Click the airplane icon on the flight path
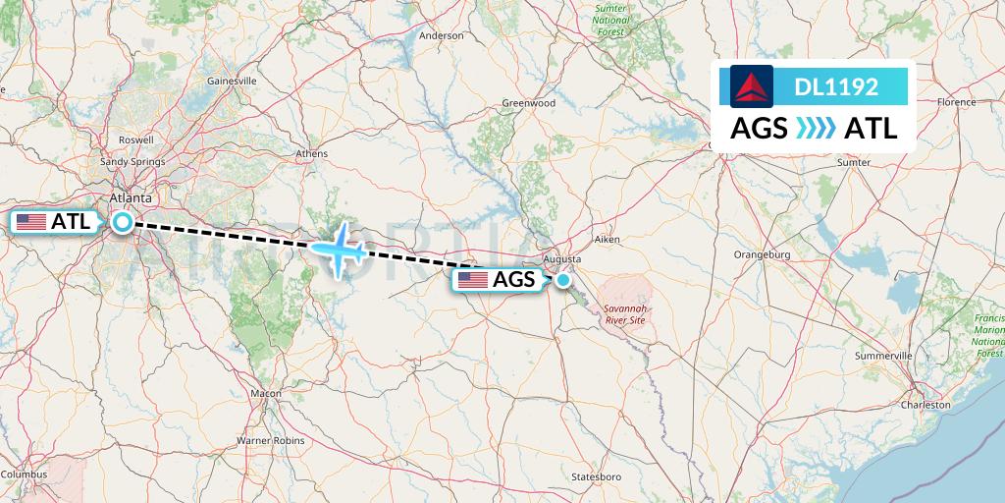tap(339, 249)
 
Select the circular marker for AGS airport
tap(563, 280)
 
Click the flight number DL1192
tap(836, 86)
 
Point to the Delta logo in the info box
tap(753, 86)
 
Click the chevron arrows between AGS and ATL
tap(816, 129)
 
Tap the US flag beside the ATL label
tap(32, 222)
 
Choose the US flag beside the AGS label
tap(473, 280)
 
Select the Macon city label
tap(265, 393)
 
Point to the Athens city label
tap(312, 153)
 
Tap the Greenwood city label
tap(529, 103)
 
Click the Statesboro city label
tap(597, 476)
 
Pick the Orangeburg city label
tap(762, 254)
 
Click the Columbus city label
tap(25, 475)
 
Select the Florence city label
tap(956, 101)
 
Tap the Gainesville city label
tap(232, 81)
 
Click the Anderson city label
tap(441, 35)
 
